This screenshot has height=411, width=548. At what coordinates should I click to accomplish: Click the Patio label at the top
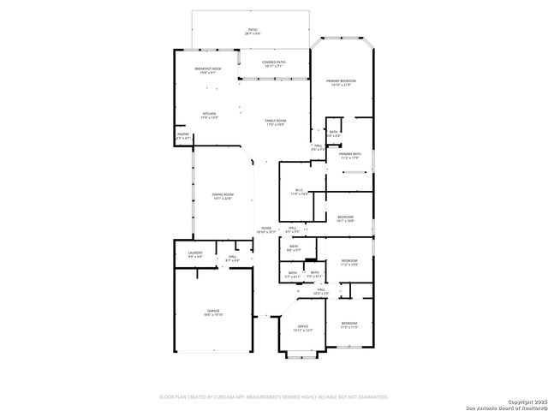click(252, 32)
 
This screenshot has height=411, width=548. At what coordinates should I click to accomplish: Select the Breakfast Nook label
click(209, 71)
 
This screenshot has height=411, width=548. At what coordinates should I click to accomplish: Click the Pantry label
click(183, 135)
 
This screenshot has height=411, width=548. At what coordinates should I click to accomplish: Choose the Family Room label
click(275, 122)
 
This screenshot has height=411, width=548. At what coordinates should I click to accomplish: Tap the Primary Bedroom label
click(341, 83)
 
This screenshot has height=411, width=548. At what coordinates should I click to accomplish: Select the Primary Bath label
click(349, 156)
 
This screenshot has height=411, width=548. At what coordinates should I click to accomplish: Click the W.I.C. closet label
click(299, 193)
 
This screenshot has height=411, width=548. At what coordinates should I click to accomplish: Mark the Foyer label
click(265, 229)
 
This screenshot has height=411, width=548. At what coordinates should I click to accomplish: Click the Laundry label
click(195, 255)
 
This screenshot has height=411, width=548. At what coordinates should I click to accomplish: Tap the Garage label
click(212, 313)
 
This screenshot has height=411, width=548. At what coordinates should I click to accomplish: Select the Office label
click(302, 328)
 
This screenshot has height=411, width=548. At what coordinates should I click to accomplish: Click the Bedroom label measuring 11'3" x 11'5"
click(348, 326)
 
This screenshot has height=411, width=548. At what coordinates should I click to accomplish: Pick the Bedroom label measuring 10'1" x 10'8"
click(345, 219)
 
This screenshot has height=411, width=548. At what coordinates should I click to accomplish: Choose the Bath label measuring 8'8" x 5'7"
click(294, 248)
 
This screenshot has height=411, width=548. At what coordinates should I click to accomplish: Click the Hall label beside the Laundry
click(232, 258)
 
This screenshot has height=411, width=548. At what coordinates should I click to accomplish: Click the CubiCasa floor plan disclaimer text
click(274, 396)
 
